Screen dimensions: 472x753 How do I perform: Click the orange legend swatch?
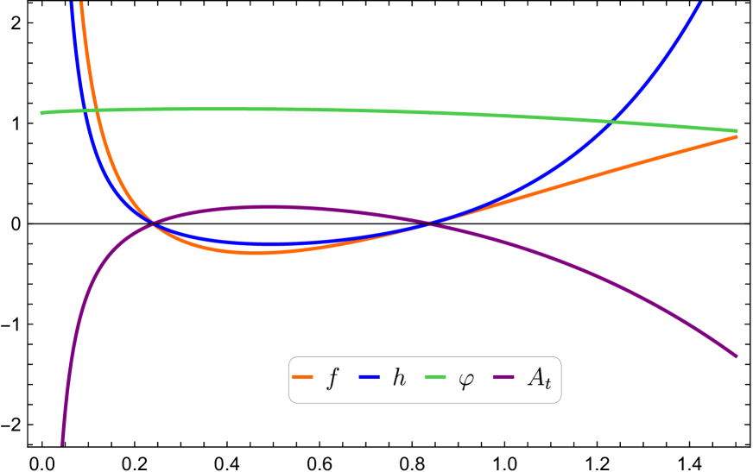point(302,376)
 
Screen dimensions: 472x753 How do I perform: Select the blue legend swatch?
point(369,376)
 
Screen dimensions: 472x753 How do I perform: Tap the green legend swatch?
point(435,376)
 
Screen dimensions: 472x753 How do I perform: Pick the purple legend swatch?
point(503,376)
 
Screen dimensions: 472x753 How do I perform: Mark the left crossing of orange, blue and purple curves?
point(153,223)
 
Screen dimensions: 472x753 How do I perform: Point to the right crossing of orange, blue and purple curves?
point(429,223)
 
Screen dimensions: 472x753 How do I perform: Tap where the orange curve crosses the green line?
point(97,110)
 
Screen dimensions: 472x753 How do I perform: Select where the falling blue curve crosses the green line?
point(85,110)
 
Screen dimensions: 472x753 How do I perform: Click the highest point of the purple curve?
point(268,207)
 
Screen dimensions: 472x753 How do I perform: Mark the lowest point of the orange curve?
point(255,253)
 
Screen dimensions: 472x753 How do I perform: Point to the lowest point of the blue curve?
point(268,244)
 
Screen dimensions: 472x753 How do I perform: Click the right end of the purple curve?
point(737,356)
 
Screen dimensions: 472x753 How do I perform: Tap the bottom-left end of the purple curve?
point(62,444)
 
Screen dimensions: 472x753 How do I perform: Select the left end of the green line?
point(41,113)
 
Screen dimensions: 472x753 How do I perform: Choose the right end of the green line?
point(737,131)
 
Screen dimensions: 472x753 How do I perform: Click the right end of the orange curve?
point(737,136)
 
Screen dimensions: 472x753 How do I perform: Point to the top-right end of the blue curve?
point(699,3)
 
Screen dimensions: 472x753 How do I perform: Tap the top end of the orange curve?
point(81,3)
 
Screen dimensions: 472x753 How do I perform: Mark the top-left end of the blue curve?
point(71,3)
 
